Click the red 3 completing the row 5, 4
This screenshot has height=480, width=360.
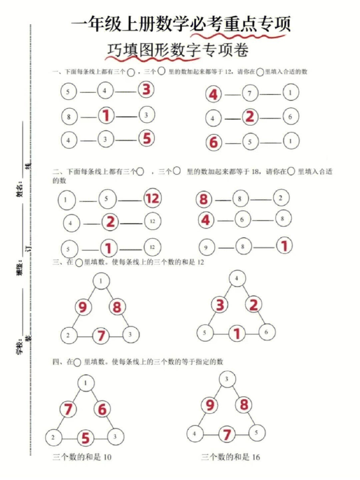[x=147, y=90]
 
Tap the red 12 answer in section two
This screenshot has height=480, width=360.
[x=152, y=198]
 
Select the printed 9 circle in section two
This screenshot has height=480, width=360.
[x=207, y=248]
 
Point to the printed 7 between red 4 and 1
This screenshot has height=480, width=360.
[x=250, y=94]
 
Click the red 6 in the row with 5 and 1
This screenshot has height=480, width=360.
[x=214, y=143]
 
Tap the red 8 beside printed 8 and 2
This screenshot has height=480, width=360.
[x=204, y=199]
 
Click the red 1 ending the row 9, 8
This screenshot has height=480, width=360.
[x=283, y=246]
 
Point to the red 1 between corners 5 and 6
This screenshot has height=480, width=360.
[x=237, y=334]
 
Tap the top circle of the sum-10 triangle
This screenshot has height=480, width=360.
[x=86, y=384]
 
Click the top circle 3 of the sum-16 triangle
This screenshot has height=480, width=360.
[x=227, y=380]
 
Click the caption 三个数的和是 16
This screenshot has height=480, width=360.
[x=231, y=457]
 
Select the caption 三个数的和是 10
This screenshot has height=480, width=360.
[x=82, y=457]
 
